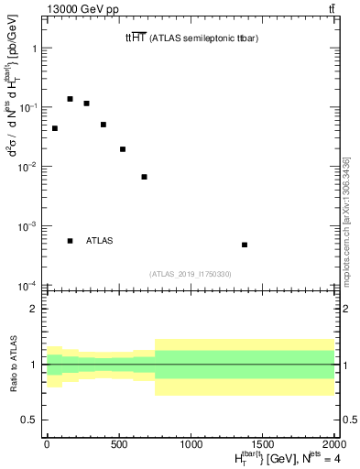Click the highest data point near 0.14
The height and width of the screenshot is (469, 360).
[70, 99]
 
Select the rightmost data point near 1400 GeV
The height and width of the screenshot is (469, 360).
[245, 245]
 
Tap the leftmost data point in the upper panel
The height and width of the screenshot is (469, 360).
[55, 128]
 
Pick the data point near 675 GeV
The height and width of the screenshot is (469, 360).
[144, 177]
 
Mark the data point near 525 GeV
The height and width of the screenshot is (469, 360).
[123, 149]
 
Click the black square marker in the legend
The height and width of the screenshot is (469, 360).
[70, 241]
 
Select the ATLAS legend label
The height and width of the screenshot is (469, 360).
[100, 241]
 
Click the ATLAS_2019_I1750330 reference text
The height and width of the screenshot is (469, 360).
[191, 274]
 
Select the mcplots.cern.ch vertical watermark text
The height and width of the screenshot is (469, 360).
[346, 220]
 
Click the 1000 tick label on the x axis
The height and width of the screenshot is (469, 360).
[191, 443]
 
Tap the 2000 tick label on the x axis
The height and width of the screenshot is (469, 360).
[333, 443]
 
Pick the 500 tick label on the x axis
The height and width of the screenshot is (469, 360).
[119, 443]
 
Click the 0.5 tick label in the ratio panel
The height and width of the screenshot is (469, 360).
[28, 420]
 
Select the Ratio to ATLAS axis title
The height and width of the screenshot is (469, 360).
[12, 364]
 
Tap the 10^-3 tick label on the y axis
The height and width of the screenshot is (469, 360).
[27, 225]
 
